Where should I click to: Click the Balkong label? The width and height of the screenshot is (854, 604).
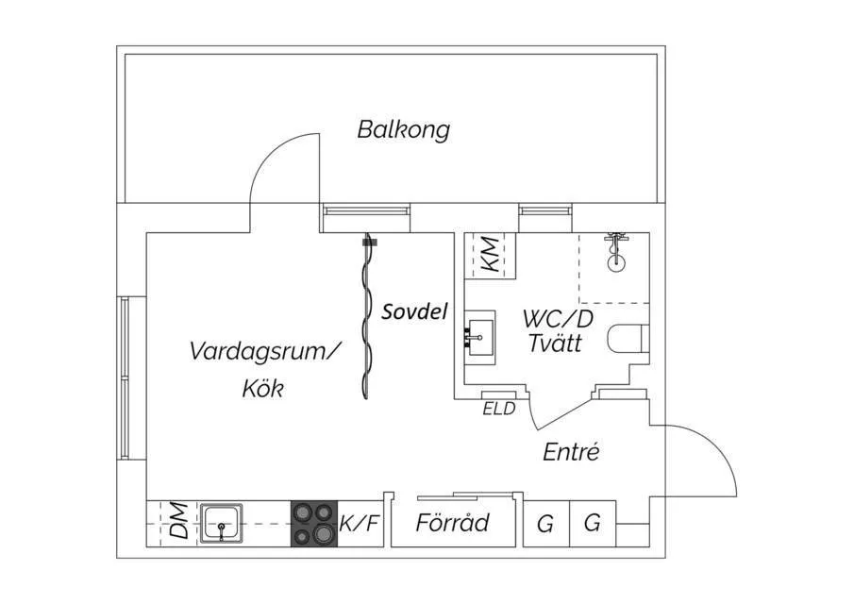(x=403, y=129)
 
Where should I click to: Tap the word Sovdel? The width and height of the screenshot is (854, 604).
(x=413, y=311)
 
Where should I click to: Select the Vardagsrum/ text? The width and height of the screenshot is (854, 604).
(x=263, y=352)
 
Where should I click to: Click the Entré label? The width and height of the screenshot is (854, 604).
(x=571, y=452)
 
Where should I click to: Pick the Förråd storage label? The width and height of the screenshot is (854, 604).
(x=453, y=522)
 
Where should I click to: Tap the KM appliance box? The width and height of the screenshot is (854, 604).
(x=491, y=255)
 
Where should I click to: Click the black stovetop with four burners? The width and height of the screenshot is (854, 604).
(x=313, y=523)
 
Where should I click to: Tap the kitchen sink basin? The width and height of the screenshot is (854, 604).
(x=222, y=521)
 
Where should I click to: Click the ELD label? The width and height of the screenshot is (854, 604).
(x=498, y=410)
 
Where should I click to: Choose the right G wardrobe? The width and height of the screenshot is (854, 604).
(x=592, y=523)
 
